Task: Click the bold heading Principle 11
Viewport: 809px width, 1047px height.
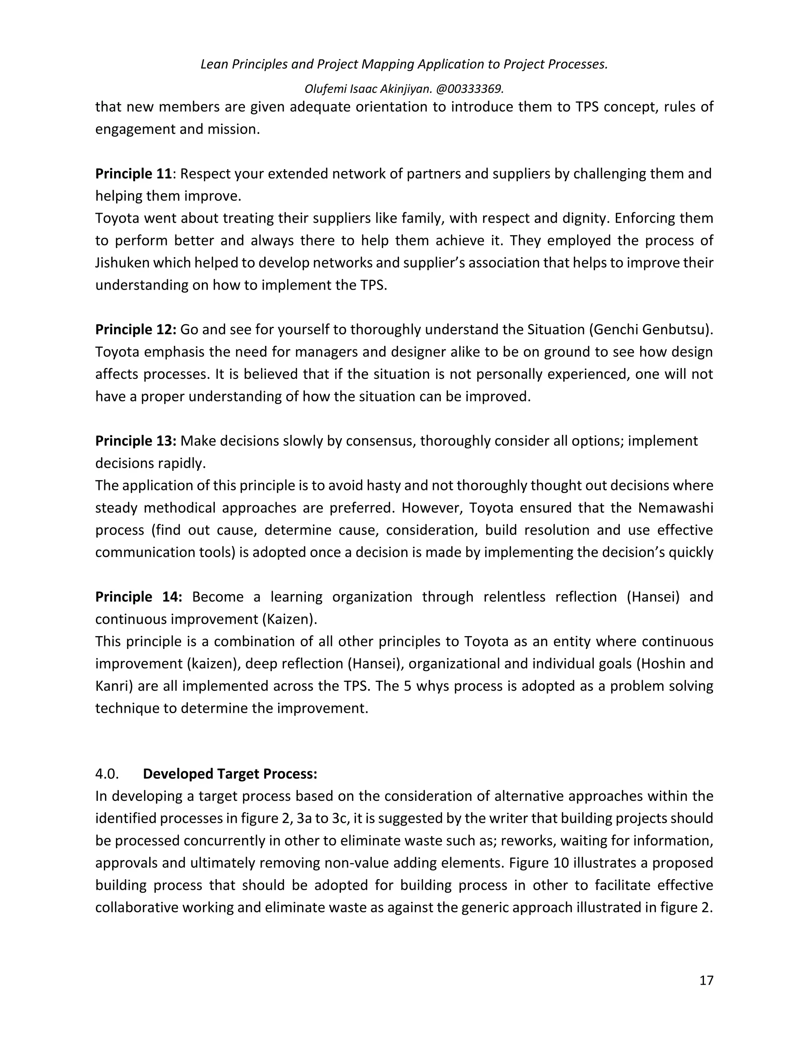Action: pos(133,173)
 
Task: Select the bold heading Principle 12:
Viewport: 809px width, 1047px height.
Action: pos(135,330)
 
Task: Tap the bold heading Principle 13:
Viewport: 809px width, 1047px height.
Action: pos(135,441)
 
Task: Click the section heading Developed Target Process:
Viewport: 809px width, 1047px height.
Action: pos(230,774)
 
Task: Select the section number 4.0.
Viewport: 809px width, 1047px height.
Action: pos(107,774)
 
